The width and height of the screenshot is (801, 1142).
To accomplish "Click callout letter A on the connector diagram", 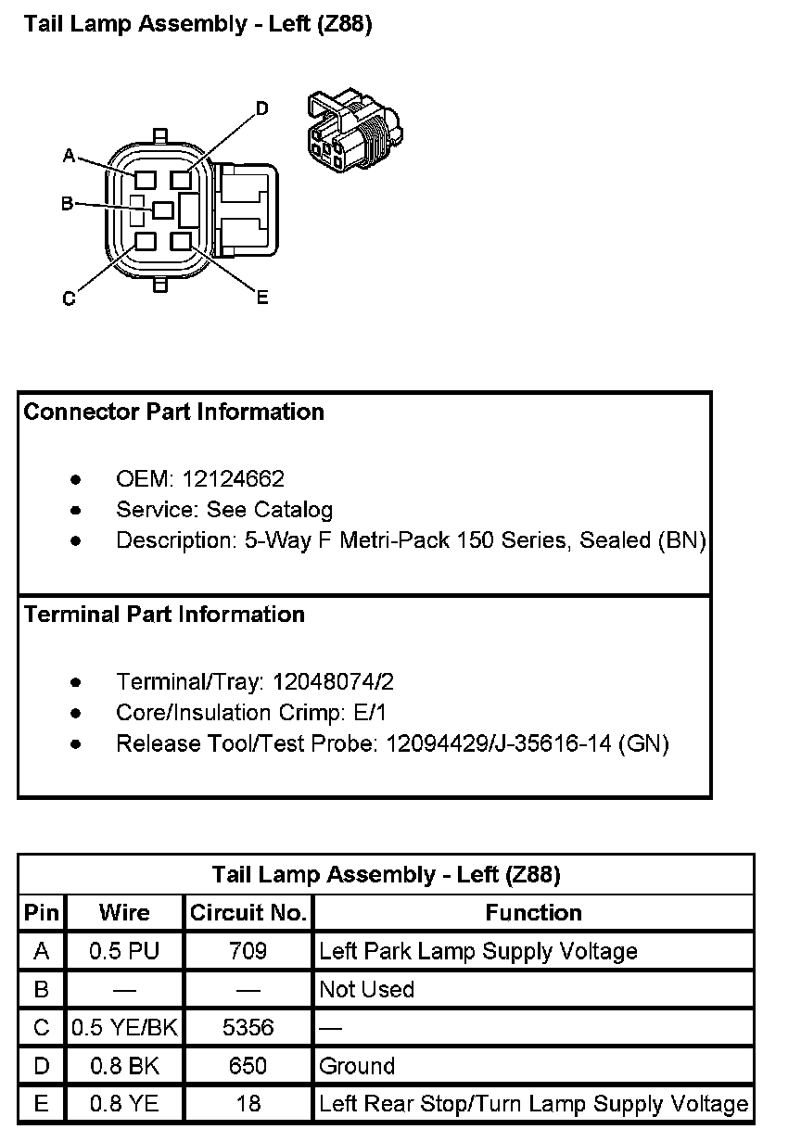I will point(69,156).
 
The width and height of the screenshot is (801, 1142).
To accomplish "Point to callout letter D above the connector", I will point(262,109).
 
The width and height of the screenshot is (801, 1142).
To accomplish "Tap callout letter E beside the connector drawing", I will point(262,298).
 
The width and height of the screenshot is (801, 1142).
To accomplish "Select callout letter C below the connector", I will point(69,298).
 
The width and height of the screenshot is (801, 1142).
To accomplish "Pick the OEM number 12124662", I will point(233,479).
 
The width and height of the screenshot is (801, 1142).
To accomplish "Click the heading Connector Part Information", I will point(173,412).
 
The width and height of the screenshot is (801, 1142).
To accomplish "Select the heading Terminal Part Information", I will point(164,615).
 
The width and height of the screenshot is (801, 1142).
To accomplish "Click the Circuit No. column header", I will point(248,913).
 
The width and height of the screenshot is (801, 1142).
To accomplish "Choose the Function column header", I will point(533,913).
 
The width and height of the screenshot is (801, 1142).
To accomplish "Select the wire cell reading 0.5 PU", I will point(124,951).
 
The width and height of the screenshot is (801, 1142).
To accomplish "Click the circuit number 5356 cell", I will point(248,1028).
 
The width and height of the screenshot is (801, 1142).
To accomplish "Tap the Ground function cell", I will point(357,1066).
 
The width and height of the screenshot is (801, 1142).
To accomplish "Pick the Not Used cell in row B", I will point(366,989).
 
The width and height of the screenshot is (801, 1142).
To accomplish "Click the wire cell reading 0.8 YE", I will point(124,1104).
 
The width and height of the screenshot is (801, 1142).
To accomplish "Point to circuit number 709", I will point(248,951).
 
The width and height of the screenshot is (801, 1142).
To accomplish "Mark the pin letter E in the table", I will point(41,1104).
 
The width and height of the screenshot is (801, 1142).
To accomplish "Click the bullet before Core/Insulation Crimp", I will point(75,713).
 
